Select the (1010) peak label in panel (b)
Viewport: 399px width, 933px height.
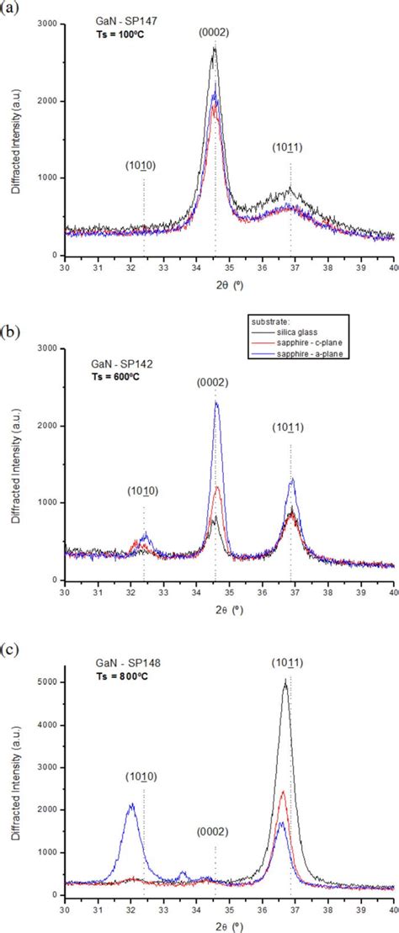(x=143, y=490)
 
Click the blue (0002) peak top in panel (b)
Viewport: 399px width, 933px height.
(x=216, y=402)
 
